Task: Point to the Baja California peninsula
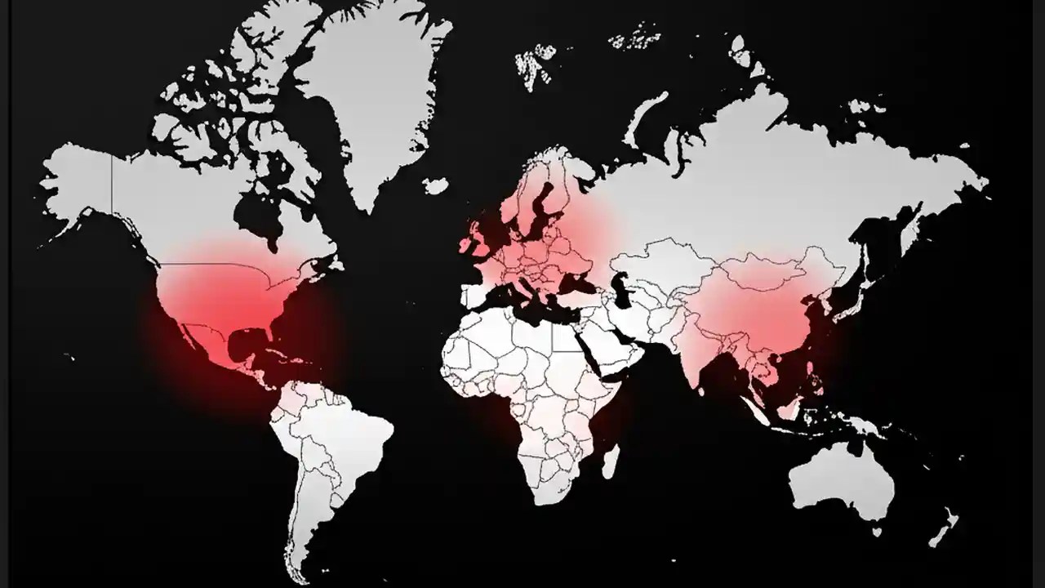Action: click(187, 335)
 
